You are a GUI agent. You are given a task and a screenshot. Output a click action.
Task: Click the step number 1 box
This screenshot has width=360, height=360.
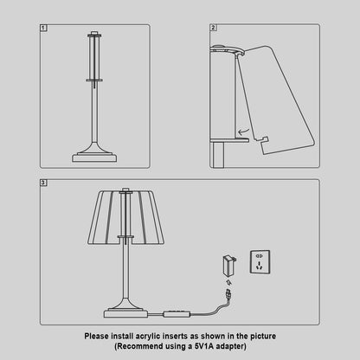[x=44, y=29]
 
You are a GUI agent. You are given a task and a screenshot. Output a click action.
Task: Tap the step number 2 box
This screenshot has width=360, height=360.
[x=213, y=29]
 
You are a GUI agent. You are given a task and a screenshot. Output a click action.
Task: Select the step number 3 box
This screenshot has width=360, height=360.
[x=44, y=183]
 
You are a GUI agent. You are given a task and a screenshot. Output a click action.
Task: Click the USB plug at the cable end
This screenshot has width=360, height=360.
[x=227, y=297]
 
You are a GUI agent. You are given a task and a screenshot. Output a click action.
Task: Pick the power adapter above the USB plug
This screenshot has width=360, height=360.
[x=228, y=263]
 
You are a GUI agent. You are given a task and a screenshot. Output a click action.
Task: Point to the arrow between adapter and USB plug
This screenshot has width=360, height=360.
[x=228, y=281]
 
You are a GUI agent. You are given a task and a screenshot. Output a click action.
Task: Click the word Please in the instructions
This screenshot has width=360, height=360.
[x=98, y=335]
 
